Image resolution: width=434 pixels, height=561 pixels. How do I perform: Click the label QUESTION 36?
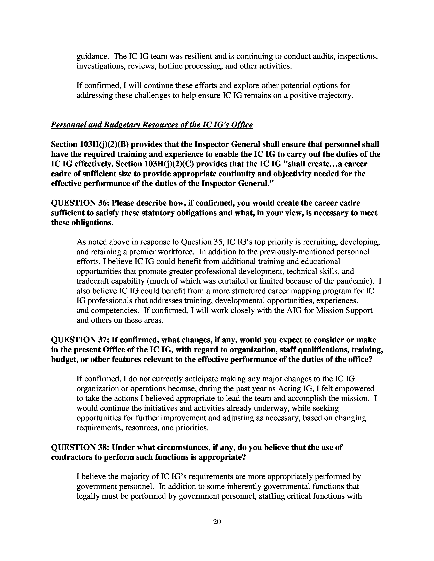click(x=81, y=203)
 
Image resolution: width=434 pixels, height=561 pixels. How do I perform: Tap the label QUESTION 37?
click(x=81, y=340)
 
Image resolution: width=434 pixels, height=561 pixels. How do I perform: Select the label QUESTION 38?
click(x=81, y=447)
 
